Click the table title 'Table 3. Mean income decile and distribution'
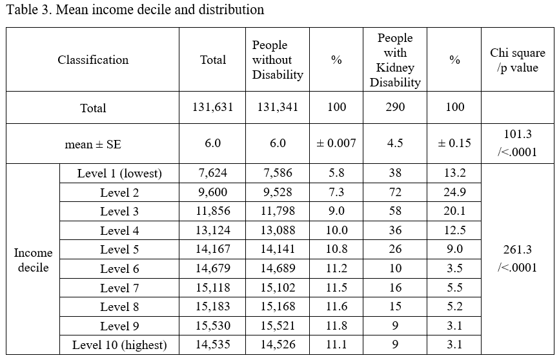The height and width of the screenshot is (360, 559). point(135,9)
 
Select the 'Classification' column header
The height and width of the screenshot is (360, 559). point(93,59)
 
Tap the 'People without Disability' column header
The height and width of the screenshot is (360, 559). point(278,59)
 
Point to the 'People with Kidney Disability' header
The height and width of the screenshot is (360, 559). point(395,59)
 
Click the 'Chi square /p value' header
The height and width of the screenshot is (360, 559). point(518,59)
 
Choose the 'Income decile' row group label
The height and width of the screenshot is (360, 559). point(33,259)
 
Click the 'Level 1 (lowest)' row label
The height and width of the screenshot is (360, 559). point(119,174)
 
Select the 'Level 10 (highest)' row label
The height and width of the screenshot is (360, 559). point(119,345)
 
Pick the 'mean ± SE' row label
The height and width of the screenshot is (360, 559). point(93,144)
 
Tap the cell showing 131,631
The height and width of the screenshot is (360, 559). point(212,107)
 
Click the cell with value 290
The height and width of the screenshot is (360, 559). point(395,107)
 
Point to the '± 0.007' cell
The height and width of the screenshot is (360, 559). point(336,143)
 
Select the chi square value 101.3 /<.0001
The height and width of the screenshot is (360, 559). point(518,143)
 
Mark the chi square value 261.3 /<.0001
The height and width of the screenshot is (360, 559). point(518,259)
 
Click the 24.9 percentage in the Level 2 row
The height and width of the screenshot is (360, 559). point(454,192)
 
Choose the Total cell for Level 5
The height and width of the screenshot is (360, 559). point(212,249)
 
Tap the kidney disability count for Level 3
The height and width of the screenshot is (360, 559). point(395,211)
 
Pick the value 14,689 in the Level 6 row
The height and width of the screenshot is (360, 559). point(278,268)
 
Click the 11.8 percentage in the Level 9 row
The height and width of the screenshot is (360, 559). point(336,325)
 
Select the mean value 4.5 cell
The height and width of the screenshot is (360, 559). point(395,143)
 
